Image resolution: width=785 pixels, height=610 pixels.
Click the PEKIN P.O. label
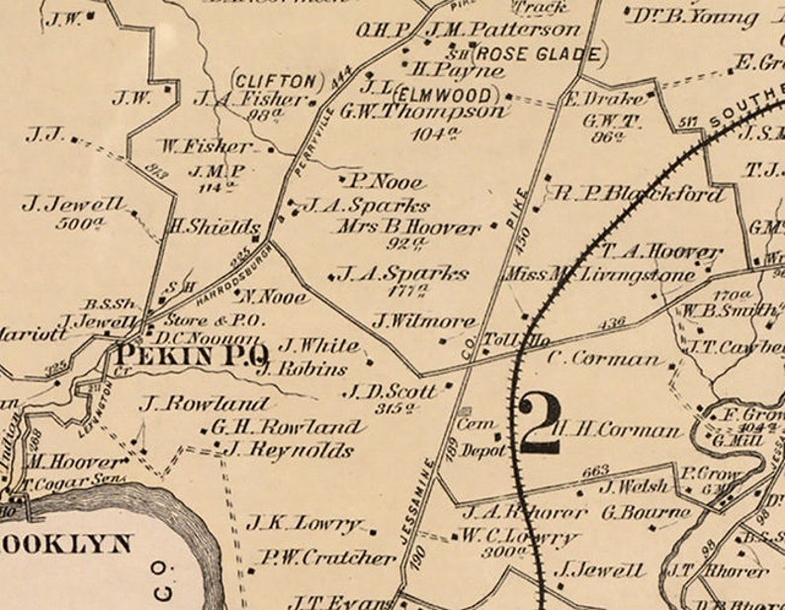(x=192, y=353)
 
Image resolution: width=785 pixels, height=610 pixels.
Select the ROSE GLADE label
(x=540, y=53)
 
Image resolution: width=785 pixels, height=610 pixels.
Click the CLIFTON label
(x=277, y=79)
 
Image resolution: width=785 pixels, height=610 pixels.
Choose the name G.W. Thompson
(x=422, y=112)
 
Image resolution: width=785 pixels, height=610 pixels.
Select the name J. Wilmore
(x=424, y=320)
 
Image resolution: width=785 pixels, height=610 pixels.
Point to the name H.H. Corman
(x=617, y=430)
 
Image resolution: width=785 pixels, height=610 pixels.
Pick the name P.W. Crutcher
(x=328, y=558)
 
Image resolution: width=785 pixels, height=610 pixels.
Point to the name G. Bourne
(x=646, y=512)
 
